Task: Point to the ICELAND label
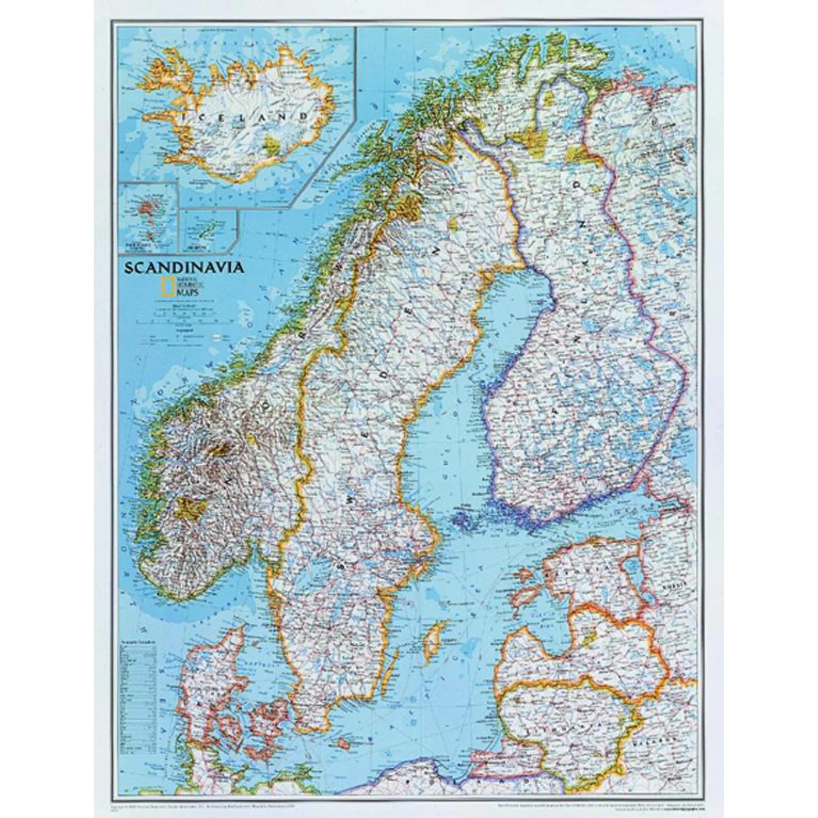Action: [x=248, y=116]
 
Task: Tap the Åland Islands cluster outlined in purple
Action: [x=464, y=519]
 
